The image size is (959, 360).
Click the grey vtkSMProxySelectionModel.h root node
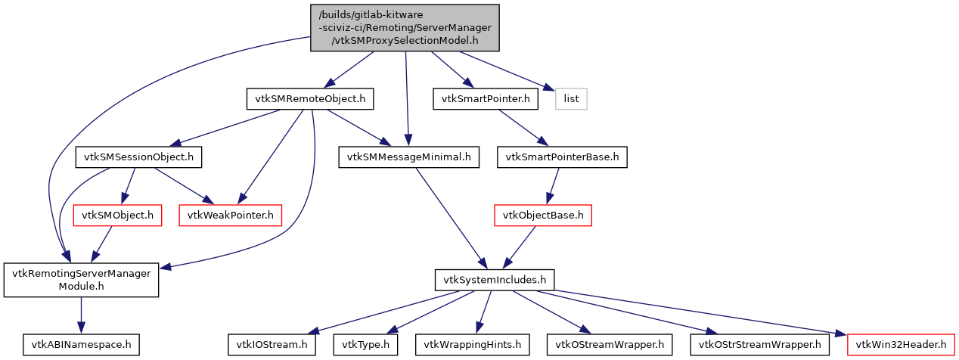[x=405, y=27]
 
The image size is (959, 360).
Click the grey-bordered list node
[x=571, y=98]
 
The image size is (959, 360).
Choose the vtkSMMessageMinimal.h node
[x=409, y=157]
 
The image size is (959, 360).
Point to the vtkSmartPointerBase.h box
[x=562, y=157]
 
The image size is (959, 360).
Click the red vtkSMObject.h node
[x=117, y=216]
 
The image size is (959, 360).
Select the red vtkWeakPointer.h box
[x=230, y=216]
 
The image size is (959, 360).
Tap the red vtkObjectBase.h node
[x=542, y=216]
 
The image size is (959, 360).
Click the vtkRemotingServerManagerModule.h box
[x=81, y=280]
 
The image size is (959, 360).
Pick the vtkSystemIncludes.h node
[x=495, y=280]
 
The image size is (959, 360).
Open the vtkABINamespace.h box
[x=81, y=345]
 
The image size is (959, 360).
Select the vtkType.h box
[x=366, y=345]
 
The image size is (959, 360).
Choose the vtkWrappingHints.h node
[x=472, y=345]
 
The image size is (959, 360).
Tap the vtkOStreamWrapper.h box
[x=609, y=345]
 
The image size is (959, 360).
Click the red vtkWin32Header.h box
[x=901, y=345]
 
